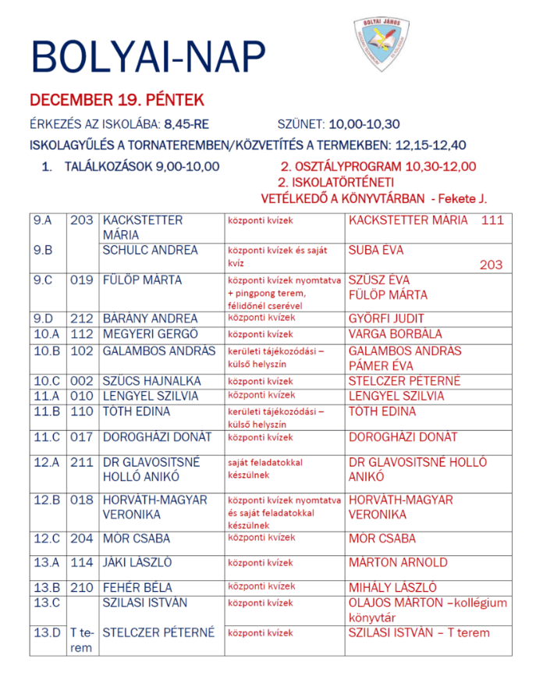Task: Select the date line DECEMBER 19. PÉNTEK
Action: point(116,100)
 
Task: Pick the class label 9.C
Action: point(43,279)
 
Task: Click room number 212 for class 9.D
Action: point(81,319)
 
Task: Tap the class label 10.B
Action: point(47,351)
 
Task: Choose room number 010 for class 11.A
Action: point(81,396)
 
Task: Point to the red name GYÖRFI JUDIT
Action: point(386,319)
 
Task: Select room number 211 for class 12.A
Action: point(81,462)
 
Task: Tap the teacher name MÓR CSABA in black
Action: point(137,539)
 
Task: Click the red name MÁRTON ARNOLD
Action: point(398,562)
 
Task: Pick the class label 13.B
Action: point(47,587)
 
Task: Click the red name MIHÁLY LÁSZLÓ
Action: point(392,587)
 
